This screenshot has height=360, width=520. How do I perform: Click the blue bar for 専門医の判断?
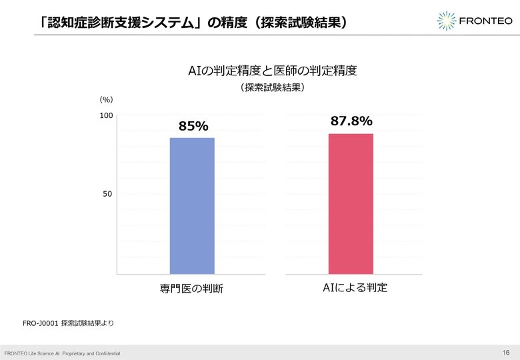[192, 206]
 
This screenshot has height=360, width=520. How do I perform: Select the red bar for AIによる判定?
[351, 204]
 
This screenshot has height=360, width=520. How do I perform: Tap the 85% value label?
[194, 126]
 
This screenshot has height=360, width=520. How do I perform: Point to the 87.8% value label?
[351, 121]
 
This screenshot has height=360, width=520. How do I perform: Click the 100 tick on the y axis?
[107, 115]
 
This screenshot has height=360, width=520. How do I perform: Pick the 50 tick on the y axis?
[107, 194]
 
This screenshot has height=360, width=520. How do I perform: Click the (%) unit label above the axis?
[106, 99]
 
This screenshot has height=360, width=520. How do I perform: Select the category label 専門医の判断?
[191, 289]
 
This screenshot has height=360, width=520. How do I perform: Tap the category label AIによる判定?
[355, 287]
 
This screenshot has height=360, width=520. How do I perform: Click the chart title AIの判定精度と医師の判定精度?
[272, 71]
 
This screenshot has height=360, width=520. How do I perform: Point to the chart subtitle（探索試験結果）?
[272, 87]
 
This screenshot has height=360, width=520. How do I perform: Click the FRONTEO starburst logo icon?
[447, 21]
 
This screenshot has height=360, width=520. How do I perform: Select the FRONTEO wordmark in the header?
[485, 21]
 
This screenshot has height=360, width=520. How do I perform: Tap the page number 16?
[506, 353]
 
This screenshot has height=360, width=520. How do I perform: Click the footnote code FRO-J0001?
[41, 323]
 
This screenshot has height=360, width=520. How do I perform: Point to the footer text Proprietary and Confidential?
[91, 354]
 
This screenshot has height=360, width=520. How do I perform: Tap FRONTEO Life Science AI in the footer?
[32, 354]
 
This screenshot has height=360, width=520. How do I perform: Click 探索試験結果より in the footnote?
[87, 323]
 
